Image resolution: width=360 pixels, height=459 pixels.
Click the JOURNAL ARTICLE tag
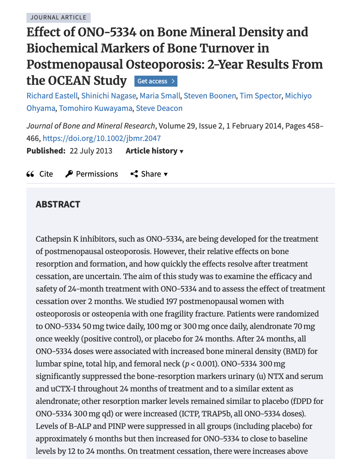click(58, 18)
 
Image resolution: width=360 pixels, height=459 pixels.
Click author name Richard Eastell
click(52, 96)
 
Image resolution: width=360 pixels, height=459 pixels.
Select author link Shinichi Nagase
click(108, 96)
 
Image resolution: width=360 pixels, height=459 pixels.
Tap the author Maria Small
click(160, 96)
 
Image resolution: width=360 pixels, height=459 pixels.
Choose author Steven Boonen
click(210, 96)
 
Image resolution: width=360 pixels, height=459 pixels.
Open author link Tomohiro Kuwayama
click(96, 108)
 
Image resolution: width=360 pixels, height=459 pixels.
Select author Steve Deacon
click(159, 108)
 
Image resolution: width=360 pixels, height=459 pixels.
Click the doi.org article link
click(102, 138)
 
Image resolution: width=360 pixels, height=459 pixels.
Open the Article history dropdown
click(154, 151)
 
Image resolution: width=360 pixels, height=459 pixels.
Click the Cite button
click(40, 174)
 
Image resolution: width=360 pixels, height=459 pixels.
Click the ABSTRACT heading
click(58, 205)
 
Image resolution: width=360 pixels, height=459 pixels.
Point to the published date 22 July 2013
click(91, 151)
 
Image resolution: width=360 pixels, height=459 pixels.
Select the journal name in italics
click(91, 126)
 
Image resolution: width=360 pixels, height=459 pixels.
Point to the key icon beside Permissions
click(69, 174)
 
